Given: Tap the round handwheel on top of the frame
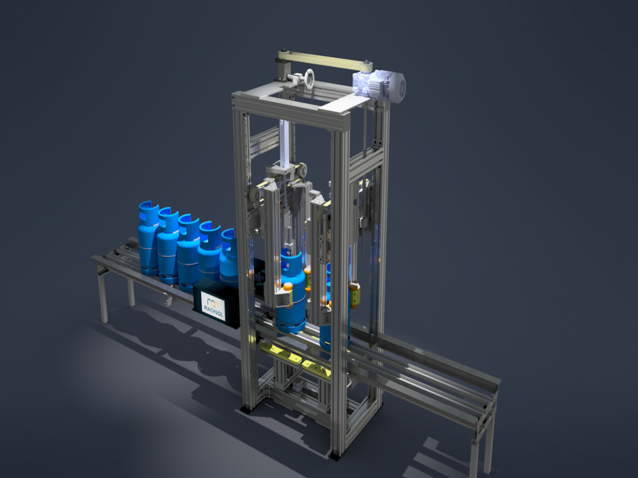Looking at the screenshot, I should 308,79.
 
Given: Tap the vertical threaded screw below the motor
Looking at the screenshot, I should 366,130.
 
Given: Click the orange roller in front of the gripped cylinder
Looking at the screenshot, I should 287,285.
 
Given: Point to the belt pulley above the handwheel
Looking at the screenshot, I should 281,61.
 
